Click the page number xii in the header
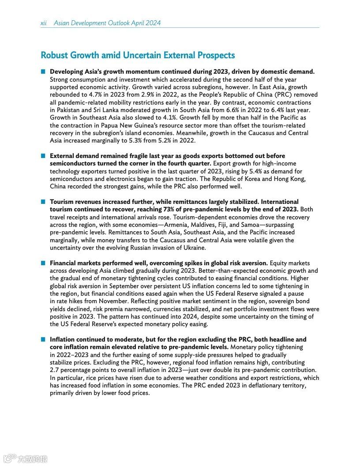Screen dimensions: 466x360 click(x=44, y=23)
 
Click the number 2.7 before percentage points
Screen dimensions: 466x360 click(x=54, y=370)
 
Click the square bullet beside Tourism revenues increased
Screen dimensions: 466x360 click(x=43, y=202)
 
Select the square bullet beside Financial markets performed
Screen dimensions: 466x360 click(x=43, y=263)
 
